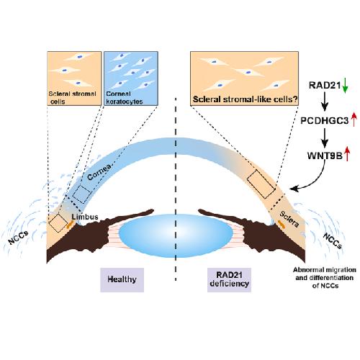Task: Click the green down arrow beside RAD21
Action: pos(345,86)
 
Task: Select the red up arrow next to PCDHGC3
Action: pos(354,120)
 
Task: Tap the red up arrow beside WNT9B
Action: pos(347,154)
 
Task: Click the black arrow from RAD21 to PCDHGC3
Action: pos(325,102)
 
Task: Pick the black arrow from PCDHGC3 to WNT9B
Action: pos(325,138)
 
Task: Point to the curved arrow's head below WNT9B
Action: pos(294,189)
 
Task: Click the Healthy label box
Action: pos(122,280)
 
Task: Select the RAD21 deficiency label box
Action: pos(229,280)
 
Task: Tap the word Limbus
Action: pos(85,217)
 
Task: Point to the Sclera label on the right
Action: pos(289,219)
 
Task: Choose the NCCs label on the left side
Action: pos(18,238)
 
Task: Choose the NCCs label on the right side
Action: pos(333,240)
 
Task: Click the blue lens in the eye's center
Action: pos(176,235)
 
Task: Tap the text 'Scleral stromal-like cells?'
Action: pos(246,99)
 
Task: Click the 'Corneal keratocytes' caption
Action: pos(125,97)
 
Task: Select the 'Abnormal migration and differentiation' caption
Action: pos(325,278)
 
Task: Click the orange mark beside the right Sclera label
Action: pos(282,223)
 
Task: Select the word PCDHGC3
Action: pos(325,120)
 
